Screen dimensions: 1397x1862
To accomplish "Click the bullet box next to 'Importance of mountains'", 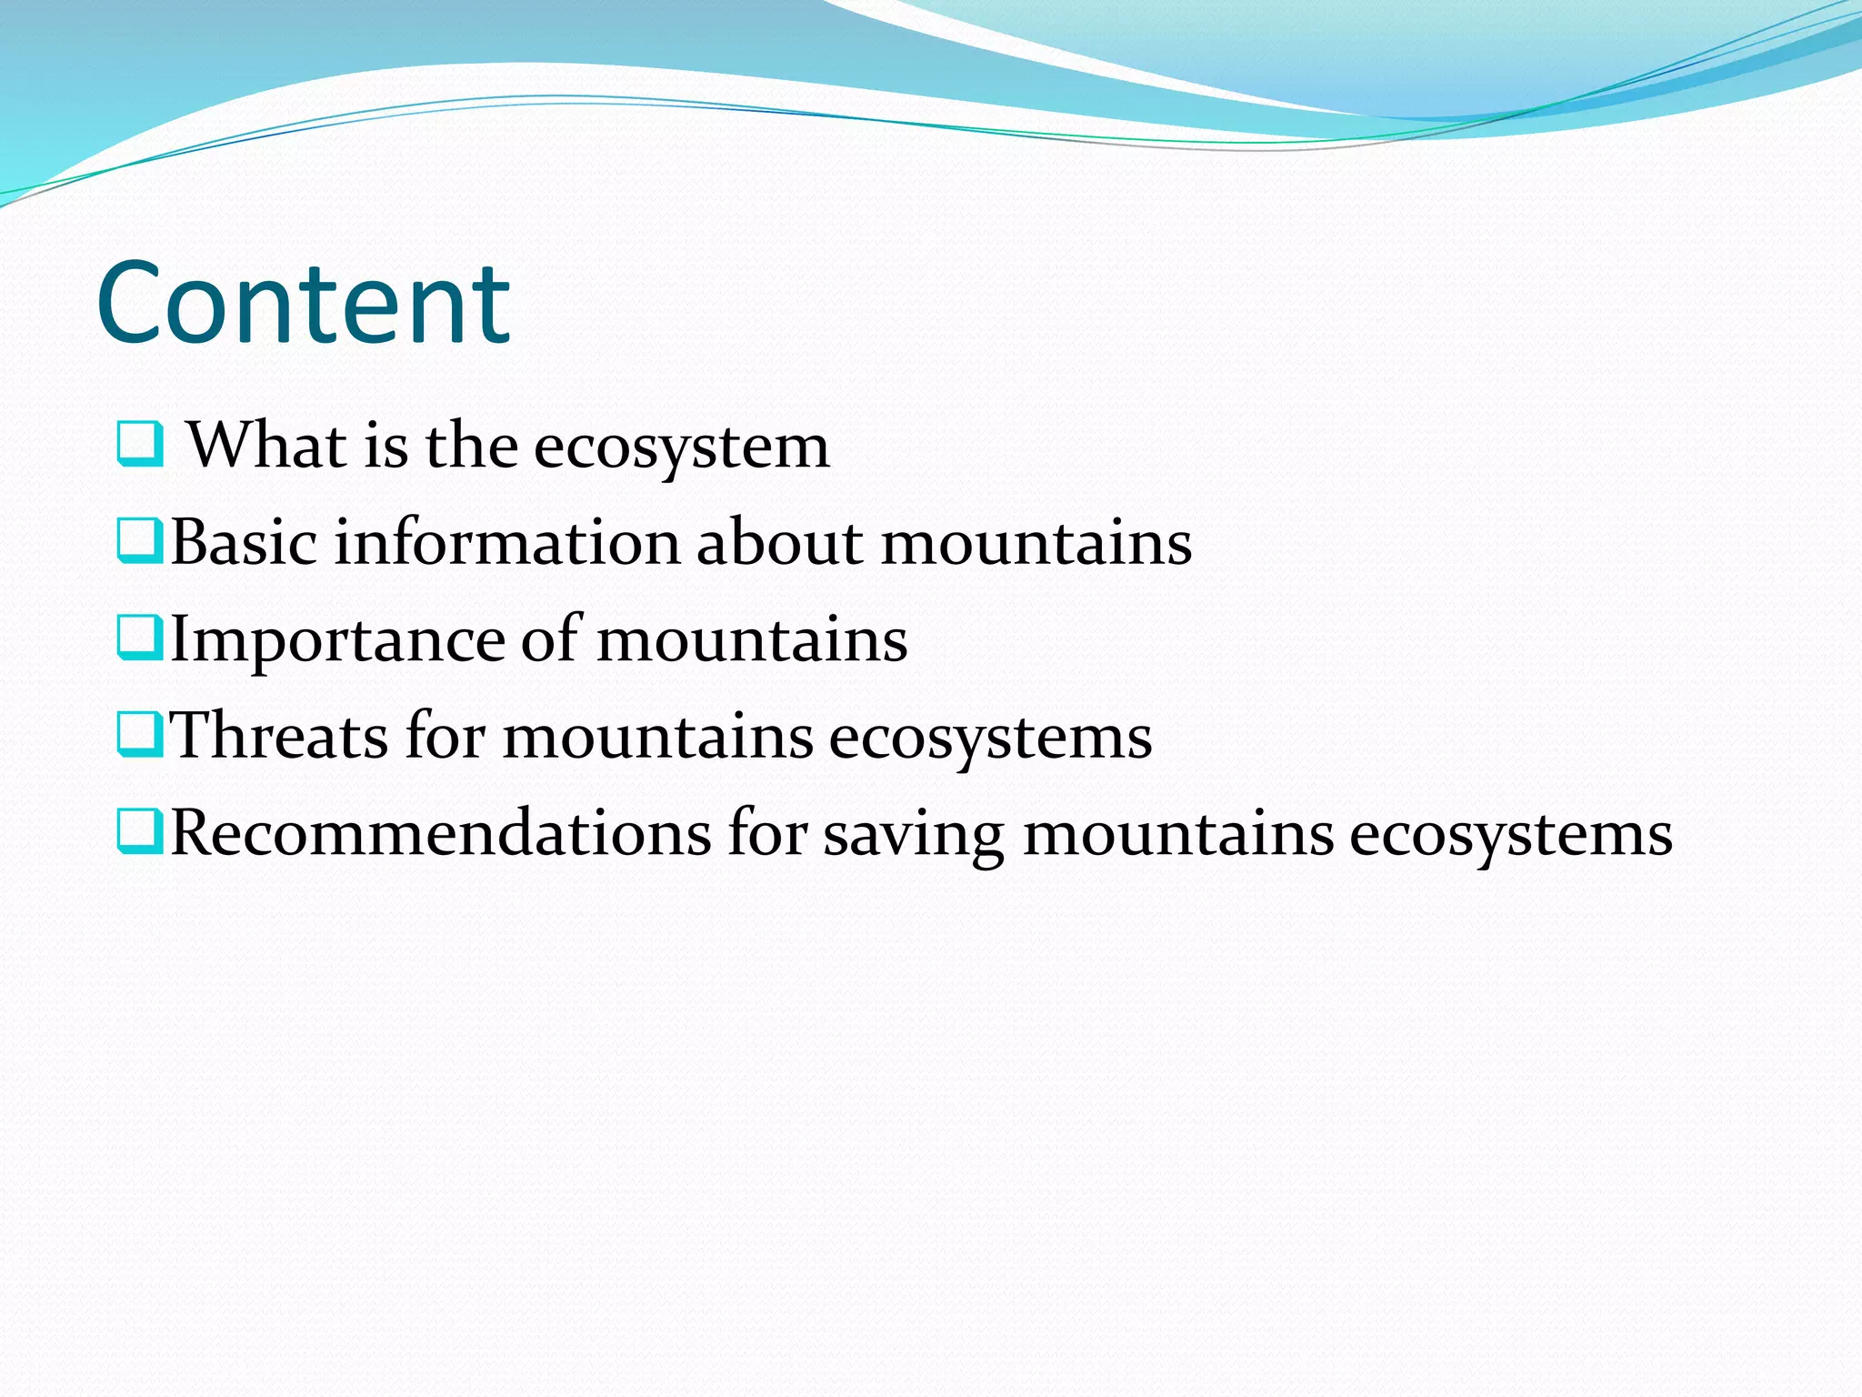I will (x=140, y=637).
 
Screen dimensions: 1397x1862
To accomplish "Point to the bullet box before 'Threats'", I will (x=140, y=734).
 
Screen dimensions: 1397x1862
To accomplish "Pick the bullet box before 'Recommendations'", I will (x=140, y=831).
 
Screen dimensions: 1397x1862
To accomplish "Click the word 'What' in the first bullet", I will (x=266, y=445).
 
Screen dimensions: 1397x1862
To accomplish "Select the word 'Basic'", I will (x=244, y=542).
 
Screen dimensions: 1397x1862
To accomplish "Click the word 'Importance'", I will (x=336, y=640).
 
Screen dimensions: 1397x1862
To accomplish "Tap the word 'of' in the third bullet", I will (x=550, y=638).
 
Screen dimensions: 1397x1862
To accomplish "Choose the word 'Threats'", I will (x=279, y=736).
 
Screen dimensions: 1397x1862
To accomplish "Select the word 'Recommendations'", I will (x=441, y=833).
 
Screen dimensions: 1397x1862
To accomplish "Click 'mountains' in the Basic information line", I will (x=1036, y=544).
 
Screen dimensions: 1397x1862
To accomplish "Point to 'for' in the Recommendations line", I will (x=767, y=832).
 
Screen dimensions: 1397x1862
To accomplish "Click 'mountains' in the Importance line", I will (x=752, y=640).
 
